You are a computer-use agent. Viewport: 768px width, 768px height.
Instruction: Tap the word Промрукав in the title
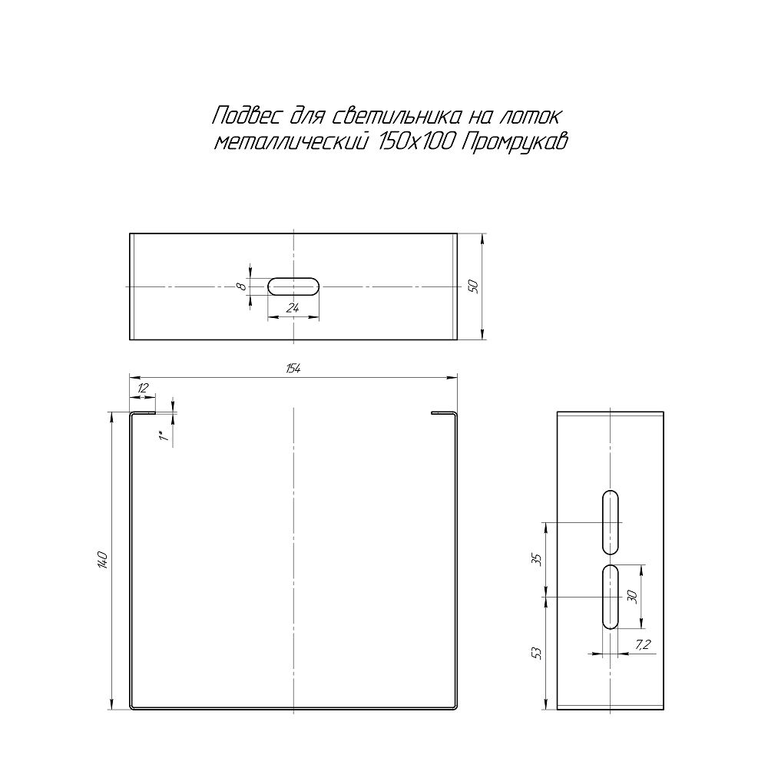point(515,143)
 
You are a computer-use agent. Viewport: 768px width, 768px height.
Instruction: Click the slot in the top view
point(293,286)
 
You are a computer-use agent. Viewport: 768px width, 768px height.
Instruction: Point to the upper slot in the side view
point(610,522)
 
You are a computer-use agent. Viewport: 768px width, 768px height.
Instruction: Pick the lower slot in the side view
point(610,597)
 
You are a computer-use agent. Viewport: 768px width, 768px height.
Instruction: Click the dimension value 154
point(293,369)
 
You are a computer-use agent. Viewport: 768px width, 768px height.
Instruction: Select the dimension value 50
point(473,286)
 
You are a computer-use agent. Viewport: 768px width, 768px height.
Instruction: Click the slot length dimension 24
point(293,308)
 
